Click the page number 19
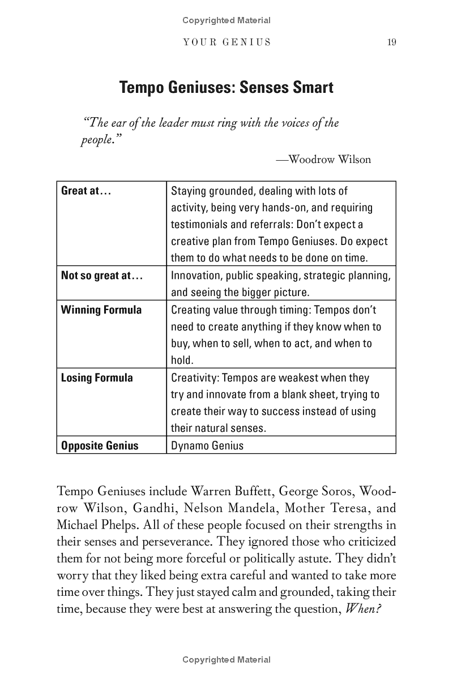(391, 42)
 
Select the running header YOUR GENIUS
(227, 42)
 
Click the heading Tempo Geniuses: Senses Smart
(226, 88)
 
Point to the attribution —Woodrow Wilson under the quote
(323, 160)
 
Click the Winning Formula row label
(101, 310)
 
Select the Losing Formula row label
(97, 378)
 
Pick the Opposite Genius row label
(100, 446)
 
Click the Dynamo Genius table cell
(207, 446)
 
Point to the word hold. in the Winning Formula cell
(182, 360)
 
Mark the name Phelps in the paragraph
(119, 525)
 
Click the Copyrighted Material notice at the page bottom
(226, 660)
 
